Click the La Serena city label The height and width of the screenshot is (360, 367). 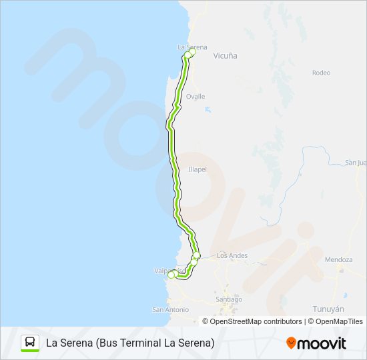tap(192, 47)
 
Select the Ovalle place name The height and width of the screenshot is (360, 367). tap(196, 96)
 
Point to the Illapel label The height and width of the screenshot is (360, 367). tap(198, 169)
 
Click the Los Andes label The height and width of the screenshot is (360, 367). tap(232, 255)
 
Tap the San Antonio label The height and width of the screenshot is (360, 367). tap(171, 309)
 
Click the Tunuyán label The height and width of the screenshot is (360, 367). tap(328, 309)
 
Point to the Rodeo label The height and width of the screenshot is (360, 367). tap(321, 73)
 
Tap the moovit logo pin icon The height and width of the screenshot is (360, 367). tap(291, 343)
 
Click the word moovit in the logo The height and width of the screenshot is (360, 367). tap(322, 343)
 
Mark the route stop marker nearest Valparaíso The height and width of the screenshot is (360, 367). tap(171, 275)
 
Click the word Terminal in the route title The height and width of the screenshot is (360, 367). tap(158, 343)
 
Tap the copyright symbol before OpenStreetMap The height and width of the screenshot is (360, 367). tap(206, 321)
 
